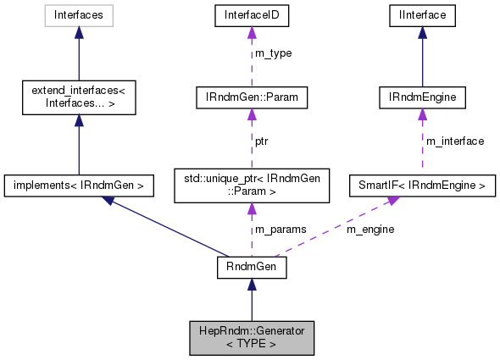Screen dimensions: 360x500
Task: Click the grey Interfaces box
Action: (78, 14)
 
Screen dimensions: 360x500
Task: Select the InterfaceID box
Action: (251, 14)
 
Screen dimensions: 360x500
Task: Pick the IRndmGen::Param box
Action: (251, 98)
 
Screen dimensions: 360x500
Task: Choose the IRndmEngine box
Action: (421, 98)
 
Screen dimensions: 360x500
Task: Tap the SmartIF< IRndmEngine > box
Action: (421, 183)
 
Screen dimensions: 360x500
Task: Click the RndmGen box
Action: (251, 268)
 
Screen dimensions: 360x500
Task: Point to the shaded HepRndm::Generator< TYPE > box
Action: (251, 337)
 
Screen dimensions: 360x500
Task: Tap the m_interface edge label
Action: (455, 141)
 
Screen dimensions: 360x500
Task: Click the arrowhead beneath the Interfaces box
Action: (78, 31)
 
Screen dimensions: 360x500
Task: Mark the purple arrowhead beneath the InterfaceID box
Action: (251, 31)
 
